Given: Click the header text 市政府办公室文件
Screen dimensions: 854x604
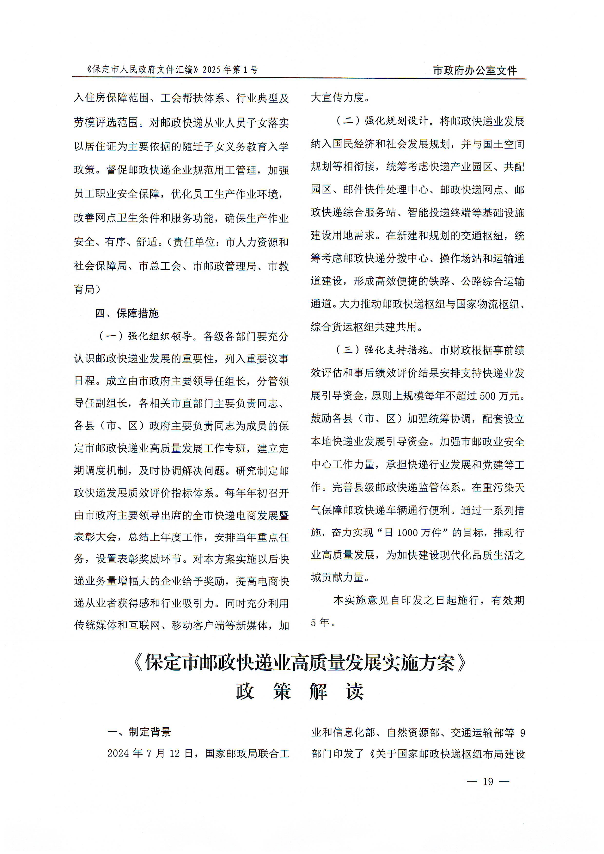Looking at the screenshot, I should [475, 70].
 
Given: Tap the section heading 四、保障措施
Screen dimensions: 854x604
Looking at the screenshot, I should [127, 313].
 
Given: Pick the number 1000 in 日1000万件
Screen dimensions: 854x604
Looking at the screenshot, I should [407, 533].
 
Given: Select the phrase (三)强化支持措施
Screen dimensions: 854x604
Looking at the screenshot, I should [382, 350].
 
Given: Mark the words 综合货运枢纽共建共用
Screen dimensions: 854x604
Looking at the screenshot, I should [364, 327].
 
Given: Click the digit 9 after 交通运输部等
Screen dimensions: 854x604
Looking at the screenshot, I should [522, 733].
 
